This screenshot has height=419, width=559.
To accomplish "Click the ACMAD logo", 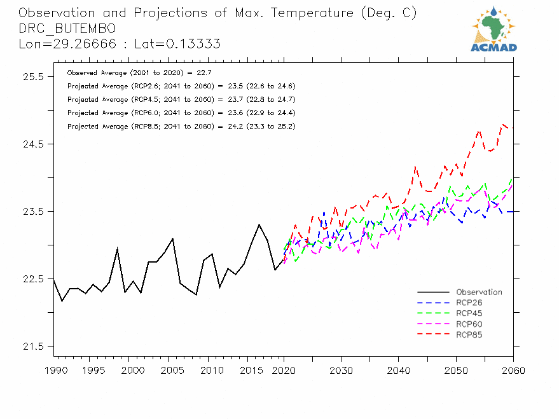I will [x=493, y=29].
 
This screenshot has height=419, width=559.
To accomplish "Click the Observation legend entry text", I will [x=479, y=292].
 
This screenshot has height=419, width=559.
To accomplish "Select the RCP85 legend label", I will [x=469, y=334].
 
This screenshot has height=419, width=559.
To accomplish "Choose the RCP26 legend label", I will [x=469, y=303].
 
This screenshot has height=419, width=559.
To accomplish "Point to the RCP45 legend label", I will [x=469, y=313].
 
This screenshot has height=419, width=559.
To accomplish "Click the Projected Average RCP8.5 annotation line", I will [x=181, y=127].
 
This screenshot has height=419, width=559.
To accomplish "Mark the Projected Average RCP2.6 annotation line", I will [x=181, y=86].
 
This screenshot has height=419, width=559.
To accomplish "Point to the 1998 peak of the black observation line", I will [x=117, y=248].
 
